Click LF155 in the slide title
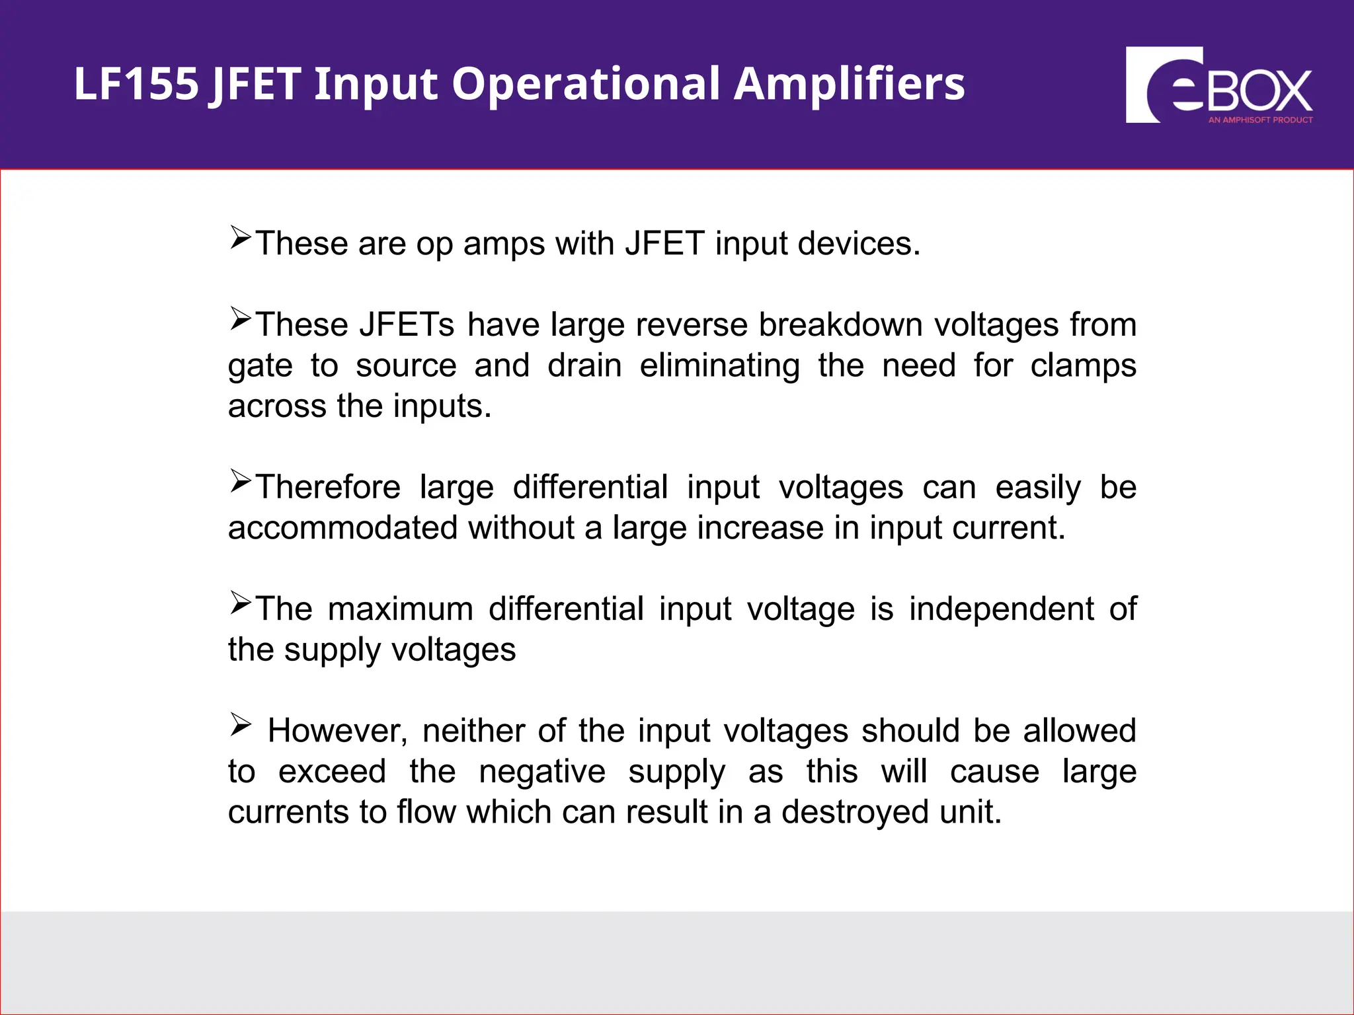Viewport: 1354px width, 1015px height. [136, 84]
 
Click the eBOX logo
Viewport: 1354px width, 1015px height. [1218, 85]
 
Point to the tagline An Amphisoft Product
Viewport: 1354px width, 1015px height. [1260, 120]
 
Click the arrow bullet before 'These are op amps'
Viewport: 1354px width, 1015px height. [241, 237]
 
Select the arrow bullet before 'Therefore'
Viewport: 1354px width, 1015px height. [241, 481]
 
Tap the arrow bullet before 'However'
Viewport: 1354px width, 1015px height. [241, 725]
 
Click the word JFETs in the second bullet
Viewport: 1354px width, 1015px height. [406, 324]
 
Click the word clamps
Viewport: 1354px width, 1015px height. [1083, 365]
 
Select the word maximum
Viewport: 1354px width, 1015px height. [400, 609]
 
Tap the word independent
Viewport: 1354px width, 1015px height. [1001, 609]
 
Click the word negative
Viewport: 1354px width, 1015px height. [541, 771]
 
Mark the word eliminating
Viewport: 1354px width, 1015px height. [719, 365]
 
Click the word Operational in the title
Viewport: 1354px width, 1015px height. [586, 84]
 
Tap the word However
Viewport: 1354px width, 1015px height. [337, 731]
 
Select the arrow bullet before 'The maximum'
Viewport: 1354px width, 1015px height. [241, 603]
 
